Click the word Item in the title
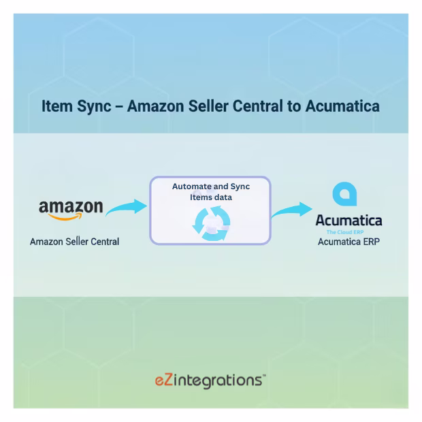pyautogui.click(x=57, y=105)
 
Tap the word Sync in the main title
pyautogui.click(x=94, y=106)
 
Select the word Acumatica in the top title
pyautogui.click(x=342, y=105)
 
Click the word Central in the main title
pyautogui.click(x=257, y=105)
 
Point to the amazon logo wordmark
pyautogui.click(x=71, y=207)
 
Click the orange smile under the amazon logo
pyautogui.click(x=65, y=217)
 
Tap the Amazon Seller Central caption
pyautogui.click(x=75, y=242)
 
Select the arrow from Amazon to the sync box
pyautogui.click(x=127, y=207)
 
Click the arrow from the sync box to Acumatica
pyautogui.click(x=292, y=210)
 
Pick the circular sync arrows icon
pyautogui.click(x=211, y=223)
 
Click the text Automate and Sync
pyautogui.click(x=211, y=186)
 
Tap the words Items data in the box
pyautogui.click(x=211, y=197)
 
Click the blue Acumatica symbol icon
pyautogui.click(x=345, y=194)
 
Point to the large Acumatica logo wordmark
pyautogui.click(x=348, y=221)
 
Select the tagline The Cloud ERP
pyautogui.click(x=345, y=232)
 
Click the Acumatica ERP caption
pyautogui.click(x=348, y=242)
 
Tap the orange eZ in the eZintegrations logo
pyautogui.click(x=163, y=380)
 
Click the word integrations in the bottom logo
pyautogui.click(x=217, y=381)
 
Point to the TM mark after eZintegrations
pyautogui.click(x=264, y=375)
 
